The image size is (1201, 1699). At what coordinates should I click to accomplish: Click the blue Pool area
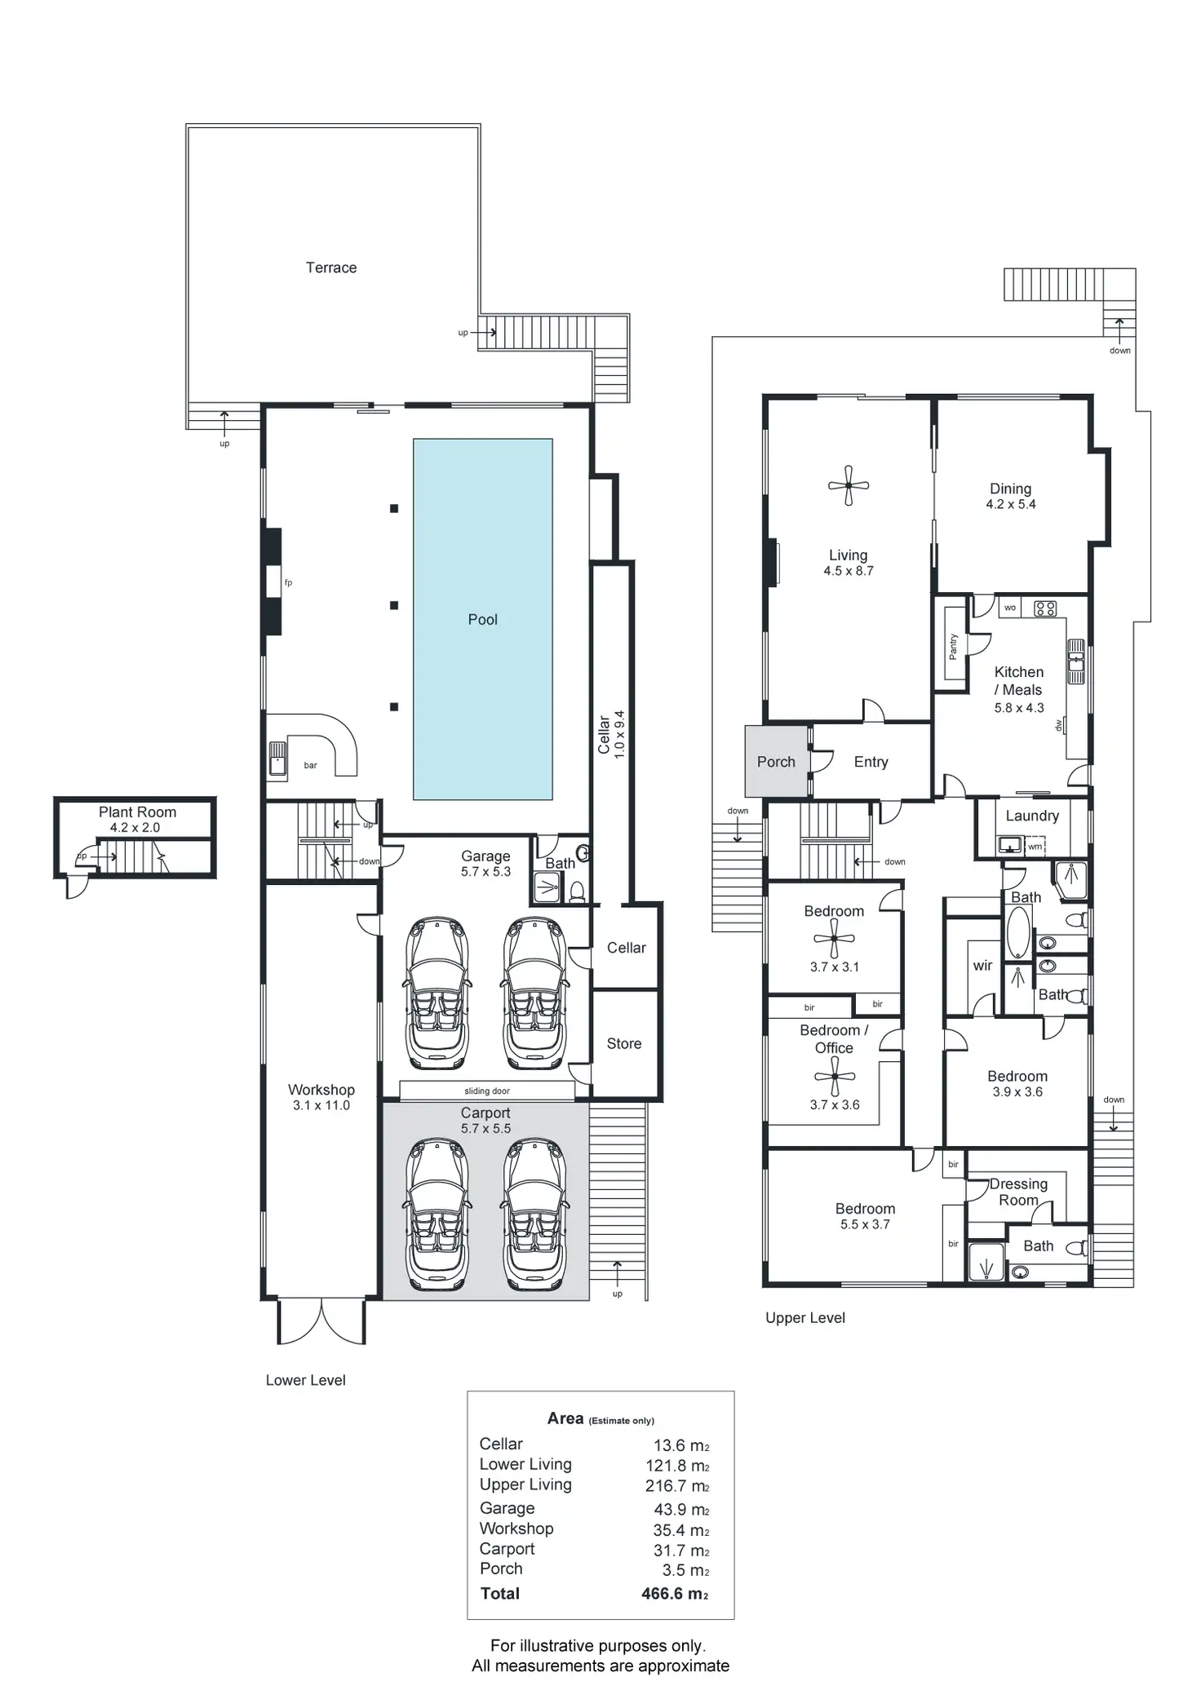point(482,571)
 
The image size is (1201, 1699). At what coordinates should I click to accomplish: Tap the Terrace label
point(331,268)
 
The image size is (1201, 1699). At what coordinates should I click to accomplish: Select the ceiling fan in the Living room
point(849,485)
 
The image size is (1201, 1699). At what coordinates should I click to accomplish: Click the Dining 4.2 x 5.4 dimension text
point(1011,504)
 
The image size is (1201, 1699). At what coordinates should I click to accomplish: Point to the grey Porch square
point(776,761)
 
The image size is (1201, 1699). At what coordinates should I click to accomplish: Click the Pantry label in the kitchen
point(953,646)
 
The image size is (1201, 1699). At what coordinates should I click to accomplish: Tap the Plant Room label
point(137,812)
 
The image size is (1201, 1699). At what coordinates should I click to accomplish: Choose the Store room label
point(624,1043)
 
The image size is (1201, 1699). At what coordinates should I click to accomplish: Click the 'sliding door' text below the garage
point(487,1091)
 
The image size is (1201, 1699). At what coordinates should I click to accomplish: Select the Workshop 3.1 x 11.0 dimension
point(321,1105)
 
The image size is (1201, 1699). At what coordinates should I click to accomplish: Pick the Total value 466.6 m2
point(675,1593)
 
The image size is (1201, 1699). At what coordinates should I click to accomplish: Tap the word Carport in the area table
point(507,1548)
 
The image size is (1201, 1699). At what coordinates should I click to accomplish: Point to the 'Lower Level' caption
point(306,1380)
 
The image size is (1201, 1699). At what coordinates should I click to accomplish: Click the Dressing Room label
point(1018,1192)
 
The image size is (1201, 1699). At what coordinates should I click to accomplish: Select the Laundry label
point(1032,816)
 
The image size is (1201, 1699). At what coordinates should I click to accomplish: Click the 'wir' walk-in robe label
point(982,966)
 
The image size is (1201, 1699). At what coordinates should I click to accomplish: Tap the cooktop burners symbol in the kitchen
point(1045,608)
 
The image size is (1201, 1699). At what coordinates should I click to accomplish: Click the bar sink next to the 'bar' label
point(277,758)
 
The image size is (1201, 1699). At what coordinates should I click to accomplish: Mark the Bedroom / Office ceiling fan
point(835,1077)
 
